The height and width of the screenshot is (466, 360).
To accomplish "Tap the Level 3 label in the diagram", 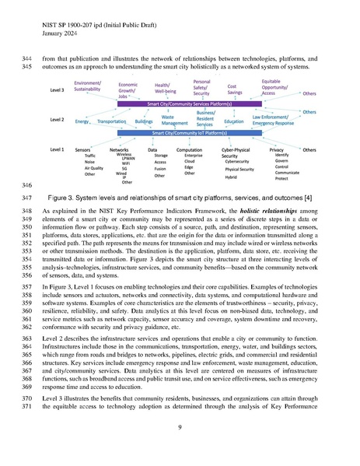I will click(x=57, y=90).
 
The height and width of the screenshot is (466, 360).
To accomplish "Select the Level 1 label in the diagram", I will click(x=57, y=149).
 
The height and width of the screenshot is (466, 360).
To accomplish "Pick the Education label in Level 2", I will click(x=234, y=122).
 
